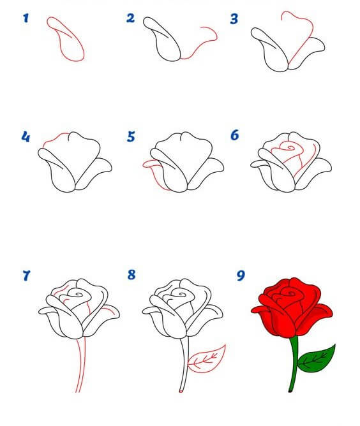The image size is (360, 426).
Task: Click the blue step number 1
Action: click(x=26, y=18)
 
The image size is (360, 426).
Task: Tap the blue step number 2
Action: click(x=130, y=18)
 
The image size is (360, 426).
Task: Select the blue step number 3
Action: click(x=234, y=19)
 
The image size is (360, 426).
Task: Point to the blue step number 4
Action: click(x=26, y=137)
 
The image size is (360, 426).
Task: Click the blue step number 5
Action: click(x=131, y=136)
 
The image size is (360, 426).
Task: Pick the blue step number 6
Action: click(x=235, y=135)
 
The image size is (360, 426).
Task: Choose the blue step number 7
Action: click(x=26, y=275)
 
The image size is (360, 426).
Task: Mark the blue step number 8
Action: click(x=131, y=275)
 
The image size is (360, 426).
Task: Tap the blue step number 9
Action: click(x=241, y=275)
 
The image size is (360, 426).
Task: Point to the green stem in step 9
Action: click(x=294, y=364)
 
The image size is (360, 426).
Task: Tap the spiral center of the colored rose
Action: click(x=290, y=294)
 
